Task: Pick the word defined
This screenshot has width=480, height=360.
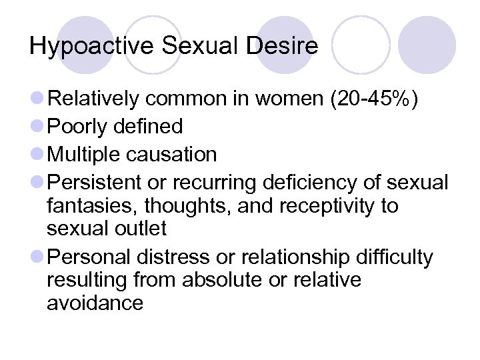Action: (149, 127)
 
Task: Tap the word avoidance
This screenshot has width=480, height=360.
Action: (95, 303)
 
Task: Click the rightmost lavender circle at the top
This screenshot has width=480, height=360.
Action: (427, 45)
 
